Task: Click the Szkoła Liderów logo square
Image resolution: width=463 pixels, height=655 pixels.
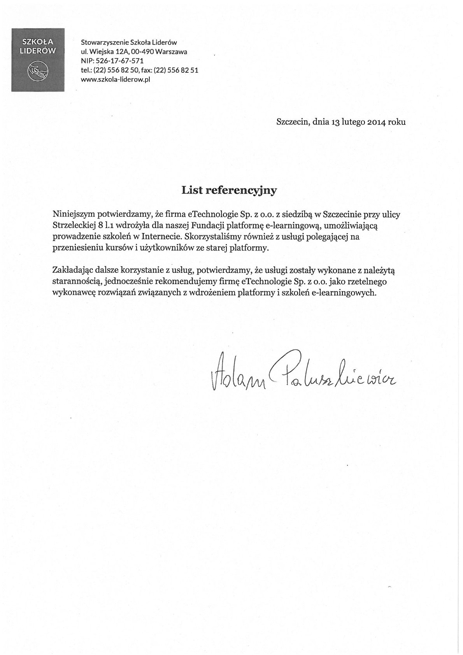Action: [38, 60]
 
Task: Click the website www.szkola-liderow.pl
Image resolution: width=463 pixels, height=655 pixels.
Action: [116, 79]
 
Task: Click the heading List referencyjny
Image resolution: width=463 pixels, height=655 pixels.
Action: [229, 190]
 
